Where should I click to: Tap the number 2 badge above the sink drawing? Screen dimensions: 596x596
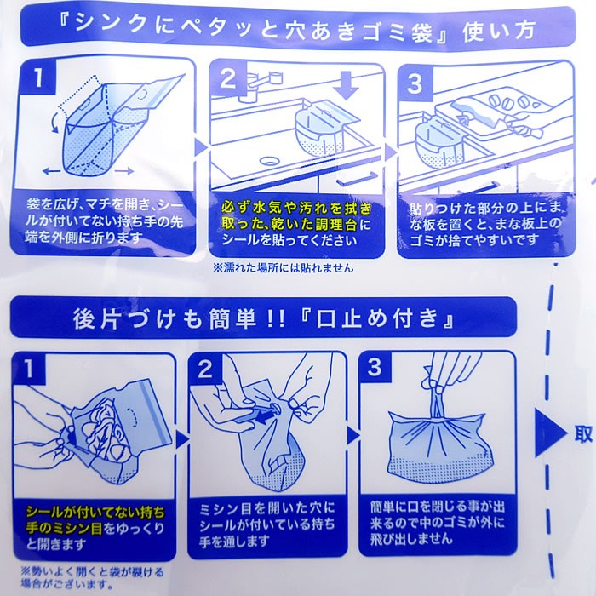[x=228, y=78]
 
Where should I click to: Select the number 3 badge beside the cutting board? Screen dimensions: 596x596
[x=415, y=83]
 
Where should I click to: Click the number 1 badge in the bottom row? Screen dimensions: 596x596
[x=29, y=369]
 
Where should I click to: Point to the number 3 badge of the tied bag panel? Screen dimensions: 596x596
[x=375, y=367]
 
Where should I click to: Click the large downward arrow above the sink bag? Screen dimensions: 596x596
[x=346, y=84]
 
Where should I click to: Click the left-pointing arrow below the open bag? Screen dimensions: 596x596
[x=51, y=171]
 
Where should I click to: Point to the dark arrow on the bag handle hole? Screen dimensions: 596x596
[x=266, y=415]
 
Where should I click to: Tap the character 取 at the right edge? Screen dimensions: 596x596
[x=583, y=434]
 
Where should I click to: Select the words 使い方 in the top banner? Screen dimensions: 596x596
[x=500, y=32]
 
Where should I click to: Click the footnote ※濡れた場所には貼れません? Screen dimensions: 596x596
[x=283, y=268]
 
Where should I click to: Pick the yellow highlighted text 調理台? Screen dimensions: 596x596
[x=336, y=225]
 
